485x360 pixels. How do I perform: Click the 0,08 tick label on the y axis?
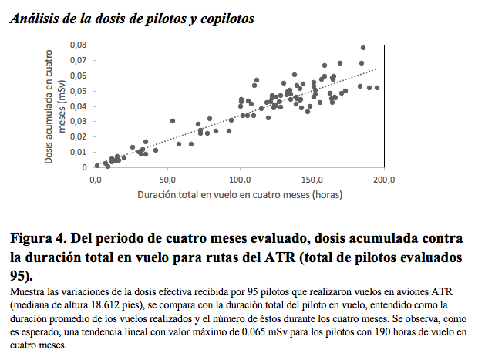[78, 45]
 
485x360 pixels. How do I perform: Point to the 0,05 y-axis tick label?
[78, 91]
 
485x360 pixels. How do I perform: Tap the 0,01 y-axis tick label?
[78, 152]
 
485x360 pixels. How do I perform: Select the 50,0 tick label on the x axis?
[167, 180]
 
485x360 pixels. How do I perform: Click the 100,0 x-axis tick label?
[240, 180]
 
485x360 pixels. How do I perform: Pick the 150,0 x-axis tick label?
[312, 180]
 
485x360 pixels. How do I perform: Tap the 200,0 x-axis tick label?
[384, 180]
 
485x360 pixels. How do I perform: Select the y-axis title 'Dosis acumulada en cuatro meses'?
[55, 106]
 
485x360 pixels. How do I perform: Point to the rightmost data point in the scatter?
[377, 88]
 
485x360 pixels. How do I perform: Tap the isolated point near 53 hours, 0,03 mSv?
[173, 121]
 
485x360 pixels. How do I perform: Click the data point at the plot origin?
[97, 166]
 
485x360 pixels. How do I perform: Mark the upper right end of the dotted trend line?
[376, 69]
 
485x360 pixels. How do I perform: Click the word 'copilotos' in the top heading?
[227, 19]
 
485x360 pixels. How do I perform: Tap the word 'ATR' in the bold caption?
[280, 257]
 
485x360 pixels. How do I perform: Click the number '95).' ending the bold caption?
[22, 276]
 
